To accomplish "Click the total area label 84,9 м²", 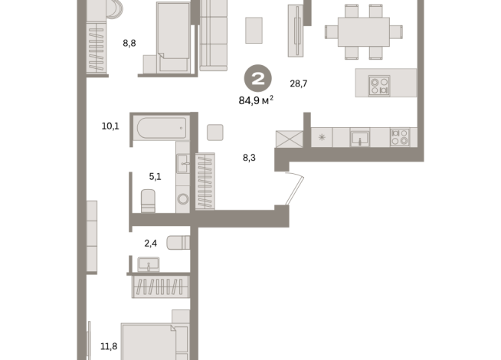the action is click(256, 100).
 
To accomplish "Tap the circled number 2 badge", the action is click(258, 79).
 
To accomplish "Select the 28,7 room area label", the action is click(299, 83).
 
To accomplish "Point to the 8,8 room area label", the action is click(129, 43).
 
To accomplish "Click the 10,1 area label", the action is click(110, 126).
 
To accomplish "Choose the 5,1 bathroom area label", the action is click(155, 176).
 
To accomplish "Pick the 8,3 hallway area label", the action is click(249, 158).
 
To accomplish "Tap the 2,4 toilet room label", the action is click(150, 244).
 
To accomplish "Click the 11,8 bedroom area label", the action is click(109, 346).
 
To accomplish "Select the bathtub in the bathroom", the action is click(162, 128).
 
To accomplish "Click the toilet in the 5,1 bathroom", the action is click(148, 201).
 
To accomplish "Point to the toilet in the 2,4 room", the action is click(178, 243).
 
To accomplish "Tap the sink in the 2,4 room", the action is click(149, 265).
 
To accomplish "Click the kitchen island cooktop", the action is click(379, 86).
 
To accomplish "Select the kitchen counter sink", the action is click(360, 139).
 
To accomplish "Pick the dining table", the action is click(364, 32).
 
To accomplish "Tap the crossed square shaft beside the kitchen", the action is click(289, 139).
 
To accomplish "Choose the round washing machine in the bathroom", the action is click(183, 198).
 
